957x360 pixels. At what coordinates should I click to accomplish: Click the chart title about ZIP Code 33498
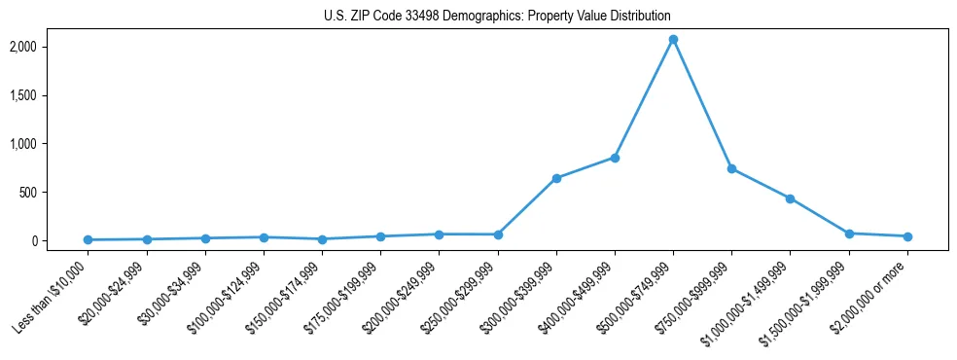497,17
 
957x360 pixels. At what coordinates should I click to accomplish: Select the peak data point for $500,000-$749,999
673,40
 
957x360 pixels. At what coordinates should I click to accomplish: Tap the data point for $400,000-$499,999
615,158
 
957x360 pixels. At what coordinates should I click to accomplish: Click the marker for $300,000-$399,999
556,178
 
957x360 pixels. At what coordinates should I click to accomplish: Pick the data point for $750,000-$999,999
731,168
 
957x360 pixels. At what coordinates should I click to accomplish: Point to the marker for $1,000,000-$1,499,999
791,198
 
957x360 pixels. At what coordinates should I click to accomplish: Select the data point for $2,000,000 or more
907,236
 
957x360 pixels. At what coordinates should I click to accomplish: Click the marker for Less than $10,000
88,239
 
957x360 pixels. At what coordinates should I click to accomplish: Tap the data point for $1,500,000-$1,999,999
849,234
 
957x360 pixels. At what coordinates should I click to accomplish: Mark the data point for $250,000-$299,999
498,234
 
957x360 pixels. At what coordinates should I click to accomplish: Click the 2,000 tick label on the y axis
50,47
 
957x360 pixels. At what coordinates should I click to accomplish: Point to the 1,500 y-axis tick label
50,95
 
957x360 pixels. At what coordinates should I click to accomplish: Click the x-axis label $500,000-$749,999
638,298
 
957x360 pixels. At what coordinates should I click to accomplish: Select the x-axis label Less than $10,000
53,296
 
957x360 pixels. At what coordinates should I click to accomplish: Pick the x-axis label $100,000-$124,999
228,298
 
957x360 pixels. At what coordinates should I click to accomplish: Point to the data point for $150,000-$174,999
322,238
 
